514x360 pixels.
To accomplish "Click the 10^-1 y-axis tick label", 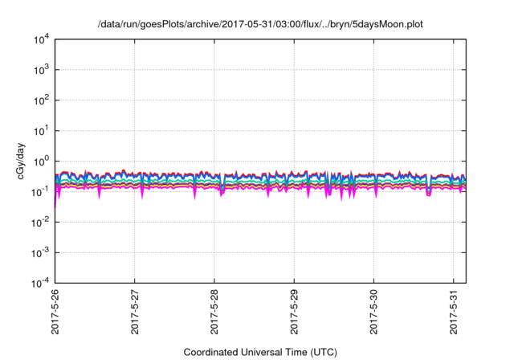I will (x=40, y=191).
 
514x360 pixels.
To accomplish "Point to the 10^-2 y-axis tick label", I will (x=40, y=222).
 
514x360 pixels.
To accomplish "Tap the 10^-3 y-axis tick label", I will (x=40, y=252).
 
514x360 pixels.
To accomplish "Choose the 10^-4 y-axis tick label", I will (x=40, y=283).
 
